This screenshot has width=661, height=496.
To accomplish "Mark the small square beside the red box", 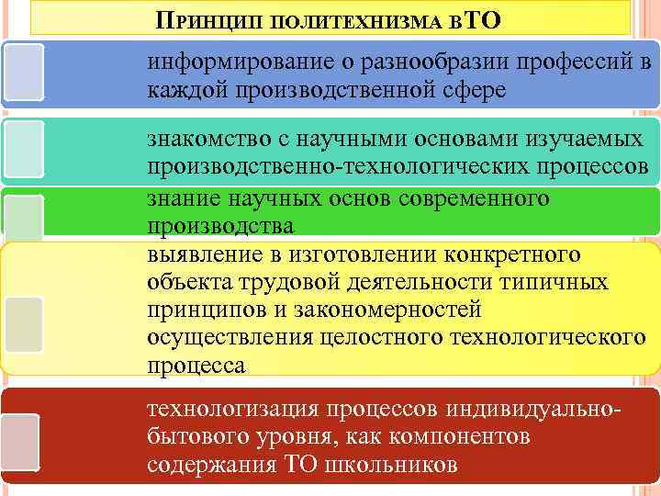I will pyautogui.click(x=19, y=442).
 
